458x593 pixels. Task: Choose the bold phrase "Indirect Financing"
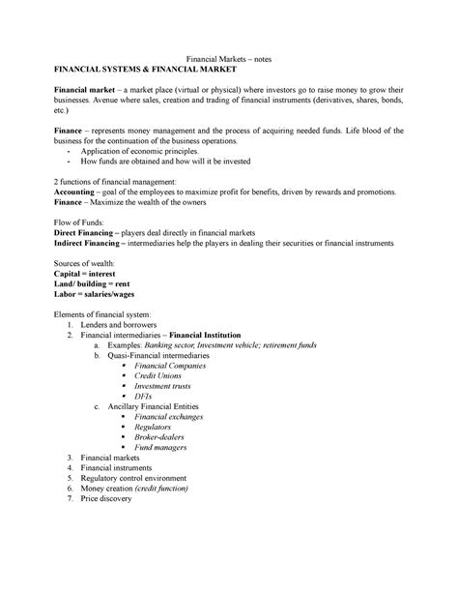pyautogui.click(x=95, y=245)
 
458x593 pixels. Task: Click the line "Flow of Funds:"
pyautogui.click(x=82, y=222)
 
